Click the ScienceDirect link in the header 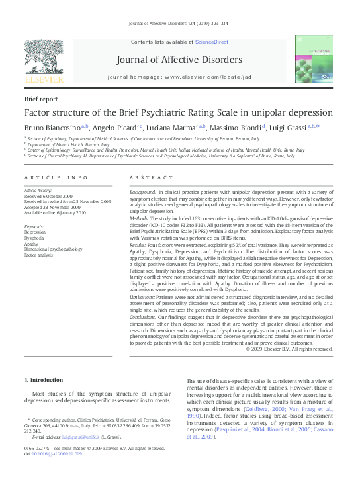pos(212,42)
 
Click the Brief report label pos(40,99)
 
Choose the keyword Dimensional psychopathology pos(54,249)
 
